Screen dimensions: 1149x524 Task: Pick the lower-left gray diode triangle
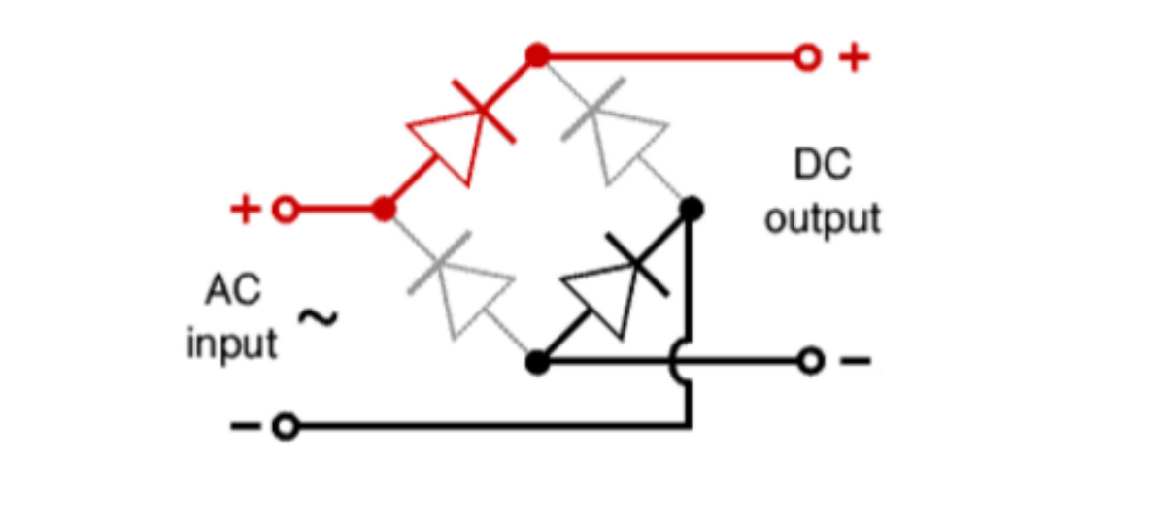click(473, 296)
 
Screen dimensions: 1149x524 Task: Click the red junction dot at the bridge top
click(537, 55)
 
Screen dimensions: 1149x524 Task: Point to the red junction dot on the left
click(384, 210)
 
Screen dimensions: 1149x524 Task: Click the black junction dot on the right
click(691, 210)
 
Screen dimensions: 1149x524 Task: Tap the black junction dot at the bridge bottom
click(537, 362)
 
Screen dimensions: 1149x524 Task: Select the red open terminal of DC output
click(807, 56)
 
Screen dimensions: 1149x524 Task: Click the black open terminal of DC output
click(810, 361)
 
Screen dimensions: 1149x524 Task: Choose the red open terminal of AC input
click(285, 210)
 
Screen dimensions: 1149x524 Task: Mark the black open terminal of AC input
click(285, 426)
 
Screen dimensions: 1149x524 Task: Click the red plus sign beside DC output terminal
click(854, 56)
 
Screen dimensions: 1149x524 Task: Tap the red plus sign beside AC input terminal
click(246, 210)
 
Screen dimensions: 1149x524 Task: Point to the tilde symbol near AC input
click(318, 317)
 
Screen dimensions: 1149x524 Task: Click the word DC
click(823, 165)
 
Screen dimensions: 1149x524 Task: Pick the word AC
click(233, 290)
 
